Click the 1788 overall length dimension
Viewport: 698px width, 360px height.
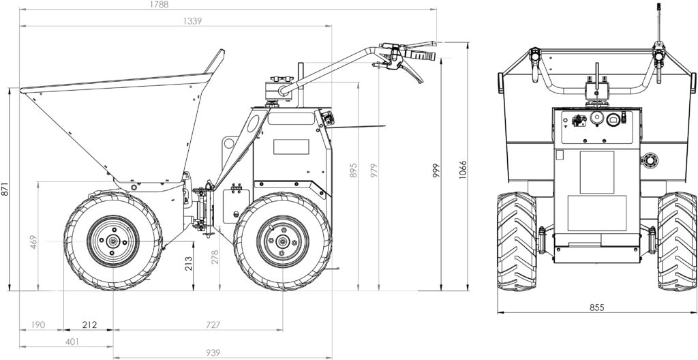coord(160,5)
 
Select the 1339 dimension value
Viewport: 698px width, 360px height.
coord(192,21)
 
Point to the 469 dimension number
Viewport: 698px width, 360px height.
coord(33,241)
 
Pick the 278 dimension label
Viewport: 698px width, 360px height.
coord(215,258)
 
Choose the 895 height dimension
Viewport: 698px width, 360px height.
coord(354,170)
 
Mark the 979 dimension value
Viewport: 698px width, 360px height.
coord(374,170)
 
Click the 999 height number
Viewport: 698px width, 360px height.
coord(436,170)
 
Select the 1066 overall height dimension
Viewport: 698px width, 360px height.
coord(463,170)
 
